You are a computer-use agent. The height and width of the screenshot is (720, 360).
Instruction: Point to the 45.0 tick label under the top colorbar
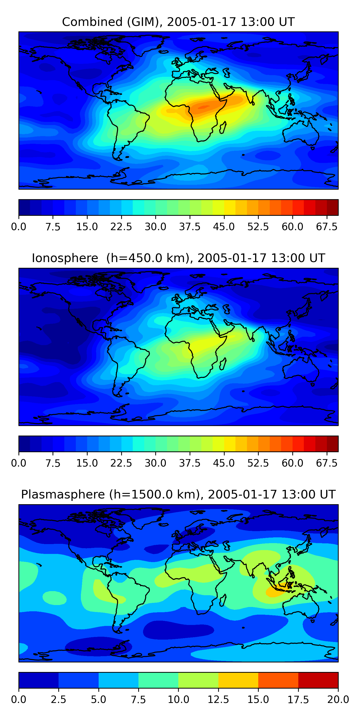pos(224,227)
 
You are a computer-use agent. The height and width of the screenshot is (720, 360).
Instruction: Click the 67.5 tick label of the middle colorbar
pos(326,463)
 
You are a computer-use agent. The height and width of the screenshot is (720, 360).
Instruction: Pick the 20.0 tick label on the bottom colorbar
pos(338,699)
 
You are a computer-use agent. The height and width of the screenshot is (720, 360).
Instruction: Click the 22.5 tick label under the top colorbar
pos(121,227)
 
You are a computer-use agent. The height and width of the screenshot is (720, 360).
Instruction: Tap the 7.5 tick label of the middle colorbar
pos(53,463)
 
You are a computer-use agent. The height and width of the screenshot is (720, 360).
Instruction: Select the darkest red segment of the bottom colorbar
pos(318,680)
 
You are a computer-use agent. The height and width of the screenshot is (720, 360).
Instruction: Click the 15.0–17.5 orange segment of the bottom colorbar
pos(278,680)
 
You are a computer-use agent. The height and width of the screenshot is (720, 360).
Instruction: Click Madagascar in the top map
pos(223,128)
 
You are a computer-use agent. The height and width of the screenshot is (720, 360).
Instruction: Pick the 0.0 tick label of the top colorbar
pos(19,227)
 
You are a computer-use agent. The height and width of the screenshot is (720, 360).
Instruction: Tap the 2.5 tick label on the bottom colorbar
pos(58,699)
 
